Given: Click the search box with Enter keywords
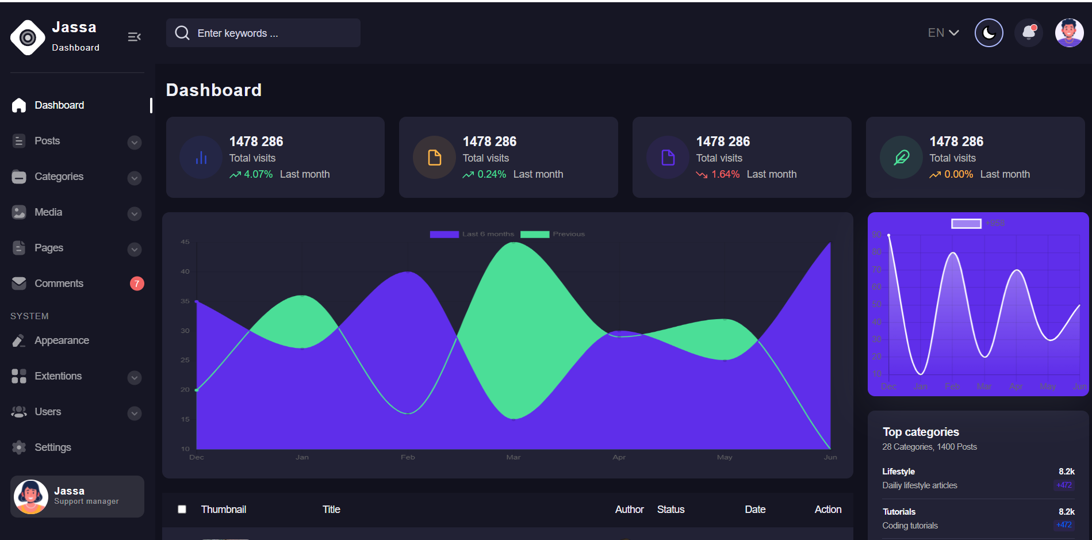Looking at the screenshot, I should [263, 33].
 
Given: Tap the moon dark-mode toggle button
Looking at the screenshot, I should [988, 33].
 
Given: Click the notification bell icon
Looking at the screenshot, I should [1029, 33].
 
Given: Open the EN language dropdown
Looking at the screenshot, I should [943, 33].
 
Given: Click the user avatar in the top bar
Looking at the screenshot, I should [1069, 33].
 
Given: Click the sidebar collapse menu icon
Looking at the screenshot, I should [134, 37].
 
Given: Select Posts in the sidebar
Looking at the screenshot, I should [47, 141].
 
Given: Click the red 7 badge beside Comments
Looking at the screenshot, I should [137, 284].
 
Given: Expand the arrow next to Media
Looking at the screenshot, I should [135, 214].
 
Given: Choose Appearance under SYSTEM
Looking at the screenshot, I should [62, 340].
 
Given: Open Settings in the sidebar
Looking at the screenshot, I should [52, 447].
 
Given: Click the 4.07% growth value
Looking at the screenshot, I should [258, 174].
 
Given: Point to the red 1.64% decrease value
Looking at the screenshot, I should [725, 174].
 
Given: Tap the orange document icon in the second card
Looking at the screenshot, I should [435, 158].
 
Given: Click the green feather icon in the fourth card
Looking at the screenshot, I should [901, 158].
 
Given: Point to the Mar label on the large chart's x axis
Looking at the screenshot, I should [514, 457].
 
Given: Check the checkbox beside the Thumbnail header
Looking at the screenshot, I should [182, 510].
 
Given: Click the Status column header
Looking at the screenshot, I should [670, 510].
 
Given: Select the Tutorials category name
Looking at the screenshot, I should [899, 512].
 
